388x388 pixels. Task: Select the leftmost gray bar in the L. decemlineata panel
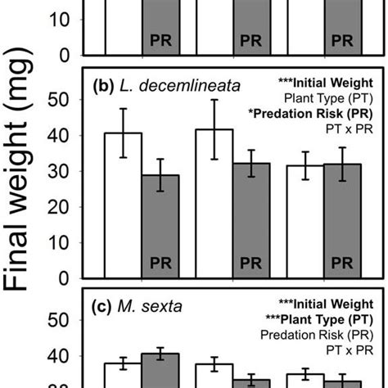point(160,226)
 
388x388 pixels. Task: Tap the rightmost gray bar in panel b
point(342,221)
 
